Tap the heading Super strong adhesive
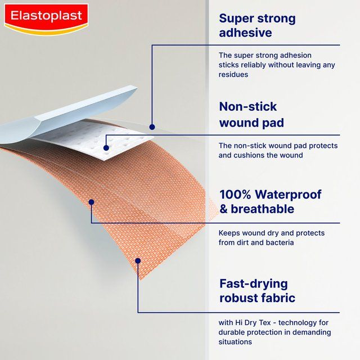tap(257, 25)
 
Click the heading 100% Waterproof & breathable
tap(270, 202)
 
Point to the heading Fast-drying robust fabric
tap(257, 290)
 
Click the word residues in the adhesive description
tap(233, 74)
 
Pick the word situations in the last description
tap(235, 341)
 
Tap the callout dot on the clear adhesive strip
tap(151, 127)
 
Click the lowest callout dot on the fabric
tap(138, 260)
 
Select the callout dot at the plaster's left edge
tap(91, 201)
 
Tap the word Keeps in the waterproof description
tap(229, 233)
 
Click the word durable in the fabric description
tap(235, 332)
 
